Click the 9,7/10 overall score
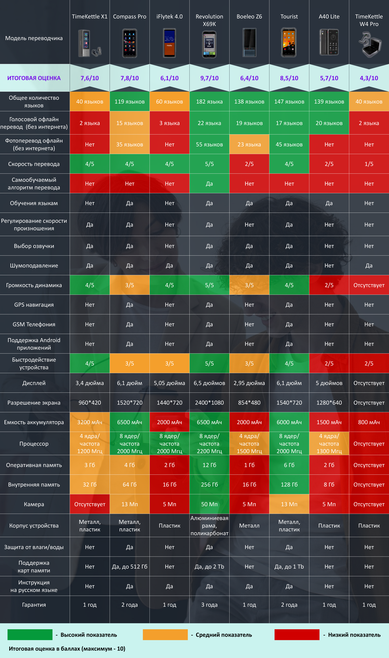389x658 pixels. point(209,78)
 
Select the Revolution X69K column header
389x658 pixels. point(209,20)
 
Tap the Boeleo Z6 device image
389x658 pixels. point(249,43)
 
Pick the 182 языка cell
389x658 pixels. point(209,101)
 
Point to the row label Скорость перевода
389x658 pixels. point(34,164)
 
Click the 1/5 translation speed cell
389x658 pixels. point(369,164)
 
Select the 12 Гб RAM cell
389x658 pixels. point(209,465)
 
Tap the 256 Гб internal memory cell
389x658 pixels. point(209,485)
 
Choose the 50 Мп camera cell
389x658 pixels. point(209,504)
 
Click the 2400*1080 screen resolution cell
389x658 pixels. point(209,403)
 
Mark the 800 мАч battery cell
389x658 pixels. point(369,422)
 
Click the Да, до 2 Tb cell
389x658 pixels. point(209,566)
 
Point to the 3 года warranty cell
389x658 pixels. point(209,605)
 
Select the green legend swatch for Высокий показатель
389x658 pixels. point(30,635)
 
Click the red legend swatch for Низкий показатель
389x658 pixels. point(297,635)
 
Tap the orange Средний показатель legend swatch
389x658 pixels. point(165,635)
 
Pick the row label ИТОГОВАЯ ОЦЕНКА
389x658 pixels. point(34,78)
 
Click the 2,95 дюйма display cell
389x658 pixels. point(249,383)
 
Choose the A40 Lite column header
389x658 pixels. point(329,16)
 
